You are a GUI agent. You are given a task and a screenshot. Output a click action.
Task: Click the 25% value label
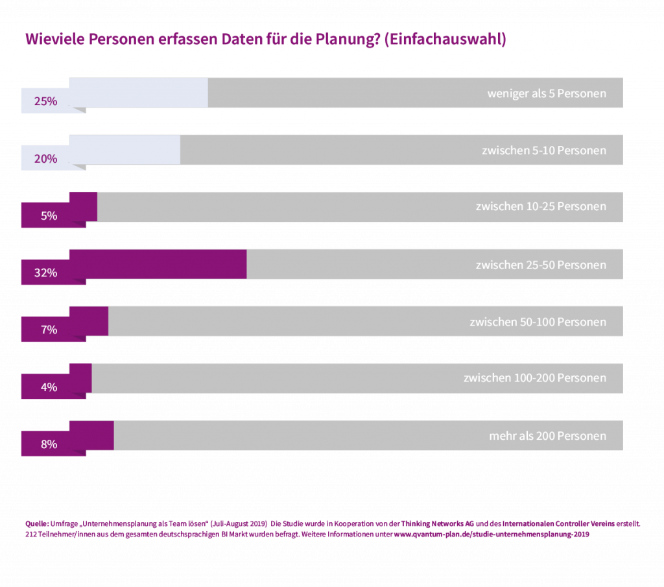46,101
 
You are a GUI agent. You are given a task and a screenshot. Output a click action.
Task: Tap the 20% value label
46,159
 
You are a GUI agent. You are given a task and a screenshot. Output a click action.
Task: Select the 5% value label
49,216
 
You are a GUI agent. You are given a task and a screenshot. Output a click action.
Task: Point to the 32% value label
46,273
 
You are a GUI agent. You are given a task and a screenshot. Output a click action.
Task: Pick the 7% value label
49,330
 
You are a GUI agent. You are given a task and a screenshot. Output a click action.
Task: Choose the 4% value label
49,387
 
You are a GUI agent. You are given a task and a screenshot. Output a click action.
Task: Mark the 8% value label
49,445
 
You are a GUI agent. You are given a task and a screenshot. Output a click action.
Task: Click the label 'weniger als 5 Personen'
547,93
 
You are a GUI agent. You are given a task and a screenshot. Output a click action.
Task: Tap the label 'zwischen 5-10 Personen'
543,150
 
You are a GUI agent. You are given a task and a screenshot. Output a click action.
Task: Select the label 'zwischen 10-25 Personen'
541,207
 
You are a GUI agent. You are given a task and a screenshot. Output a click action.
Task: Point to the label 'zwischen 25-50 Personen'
541,265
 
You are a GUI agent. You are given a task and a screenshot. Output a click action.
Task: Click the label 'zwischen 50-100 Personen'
538,322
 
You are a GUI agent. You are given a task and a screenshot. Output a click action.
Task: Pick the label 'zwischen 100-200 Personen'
535,378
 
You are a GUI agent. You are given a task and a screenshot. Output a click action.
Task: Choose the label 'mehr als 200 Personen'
547,436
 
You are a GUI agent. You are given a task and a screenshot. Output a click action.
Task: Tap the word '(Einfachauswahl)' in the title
445,40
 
